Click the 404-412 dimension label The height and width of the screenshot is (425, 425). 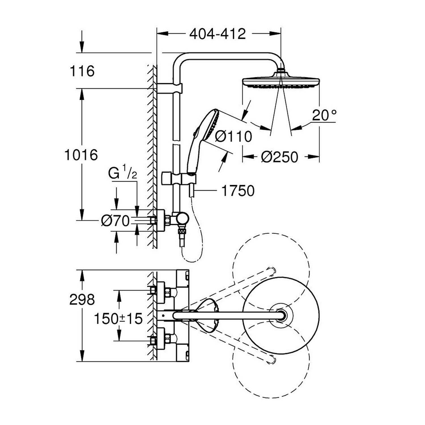217,34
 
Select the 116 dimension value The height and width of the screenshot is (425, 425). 82,71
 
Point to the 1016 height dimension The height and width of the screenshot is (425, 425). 81,155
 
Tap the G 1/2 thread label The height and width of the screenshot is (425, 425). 123,173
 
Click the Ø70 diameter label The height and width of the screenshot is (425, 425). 115,221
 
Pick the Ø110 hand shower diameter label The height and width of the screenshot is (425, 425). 233,137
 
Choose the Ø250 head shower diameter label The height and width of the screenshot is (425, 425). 280,157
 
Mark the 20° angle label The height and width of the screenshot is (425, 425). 325,115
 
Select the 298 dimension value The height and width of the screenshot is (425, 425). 82,299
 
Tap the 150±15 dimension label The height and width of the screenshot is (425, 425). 118,319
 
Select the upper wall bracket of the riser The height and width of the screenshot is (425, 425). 169,88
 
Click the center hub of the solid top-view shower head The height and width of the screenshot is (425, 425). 281,315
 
